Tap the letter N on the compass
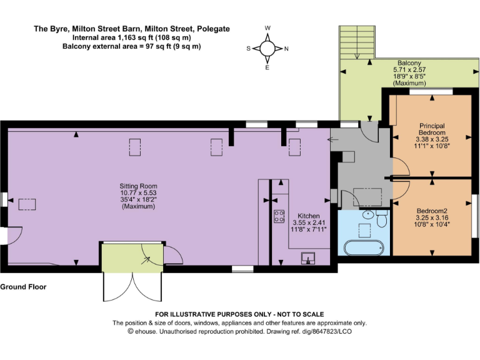[286, 48]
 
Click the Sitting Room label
[138, 186]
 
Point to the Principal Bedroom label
[432, 129]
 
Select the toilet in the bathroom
[382, 218]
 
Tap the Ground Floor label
[23, 287]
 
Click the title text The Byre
[131, 29]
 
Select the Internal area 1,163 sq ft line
[131, 37]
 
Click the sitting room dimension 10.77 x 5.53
[138, 193]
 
